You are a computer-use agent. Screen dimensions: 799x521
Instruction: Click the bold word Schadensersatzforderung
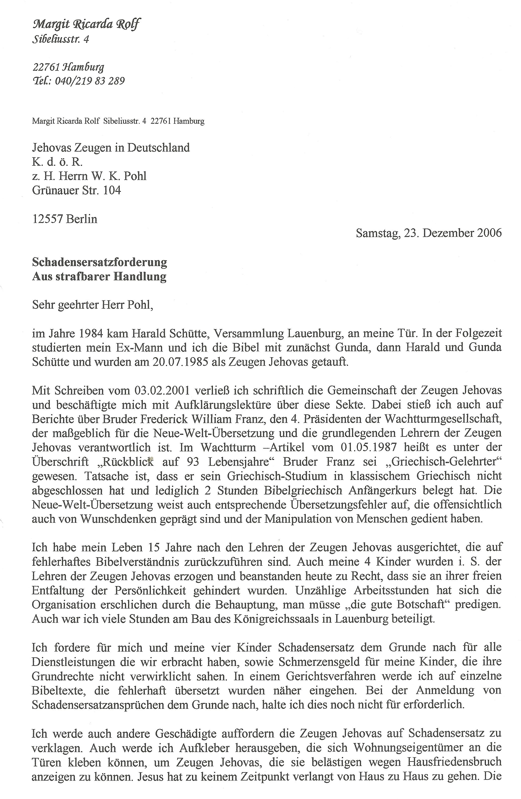(x=100, y=262)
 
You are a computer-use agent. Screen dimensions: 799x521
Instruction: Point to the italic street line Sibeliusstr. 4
(x=60, y=40)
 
